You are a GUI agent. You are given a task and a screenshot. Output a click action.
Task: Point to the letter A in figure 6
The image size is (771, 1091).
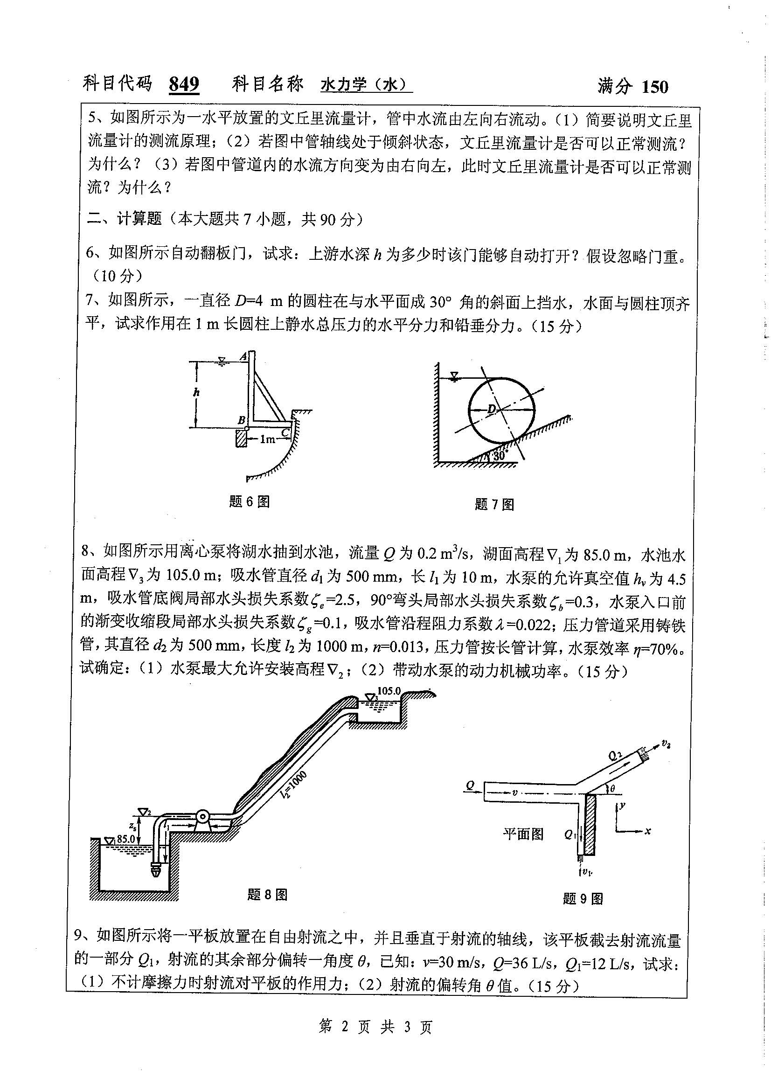pos(243,356)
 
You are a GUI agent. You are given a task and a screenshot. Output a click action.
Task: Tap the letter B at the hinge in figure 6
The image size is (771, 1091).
pos(241,420)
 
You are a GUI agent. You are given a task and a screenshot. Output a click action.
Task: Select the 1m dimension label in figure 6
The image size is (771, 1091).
pos(267,439)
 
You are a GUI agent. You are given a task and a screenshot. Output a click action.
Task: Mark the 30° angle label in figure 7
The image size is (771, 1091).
pos(500,455)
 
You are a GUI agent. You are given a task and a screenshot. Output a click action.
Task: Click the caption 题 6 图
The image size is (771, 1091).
pos(250,501)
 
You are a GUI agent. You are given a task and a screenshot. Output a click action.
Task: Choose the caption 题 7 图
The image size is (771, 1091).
pos(494,504)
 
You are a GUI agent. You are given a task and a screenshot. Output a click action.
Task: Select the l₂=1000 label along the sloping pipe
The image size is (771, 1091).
pos(293,785)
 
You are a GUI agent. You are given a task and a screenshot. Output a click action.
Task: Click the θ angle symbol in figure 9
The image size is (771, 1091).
pos(612,788)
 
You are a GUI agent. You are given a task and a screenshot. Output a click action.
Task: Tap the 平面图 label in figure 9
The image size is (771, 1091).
pos(523,834)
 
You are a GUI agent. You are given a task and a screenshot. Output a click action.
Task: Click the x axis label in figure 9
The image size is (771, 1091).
pos(647,831)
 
